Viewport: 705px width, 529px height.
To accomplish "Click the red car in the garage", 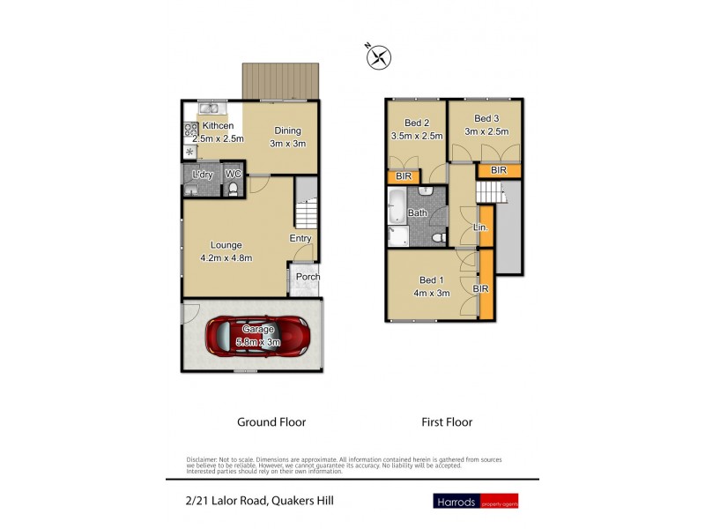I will [x=258, y=335].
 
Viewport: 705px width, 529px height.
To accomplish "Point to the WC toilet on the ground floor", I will [x=233, y=188].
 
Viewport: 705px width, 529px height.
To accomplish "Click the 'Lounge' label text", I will [x=226, y=245].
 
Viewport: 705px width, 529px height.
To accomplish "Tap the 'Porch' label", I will [x=308, y=277].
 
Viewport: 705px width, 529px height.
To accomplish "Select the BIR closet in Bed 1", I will [x=484, y=286].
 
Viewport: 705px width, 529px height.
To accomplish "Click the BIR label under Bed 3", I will [x=498, y=170].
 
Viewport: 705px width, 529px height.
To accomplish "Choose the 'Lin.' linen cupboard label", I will [x=481, y=227].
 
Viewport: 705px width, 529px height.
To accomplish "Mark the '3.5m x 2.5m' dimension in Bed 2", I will [x=416, y=136].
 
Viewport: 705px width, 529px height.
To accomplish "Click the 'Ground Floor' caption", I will [x=271, y=422].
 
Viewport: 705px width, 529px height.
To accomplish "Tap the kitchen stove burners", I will [x=189, y=132].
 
